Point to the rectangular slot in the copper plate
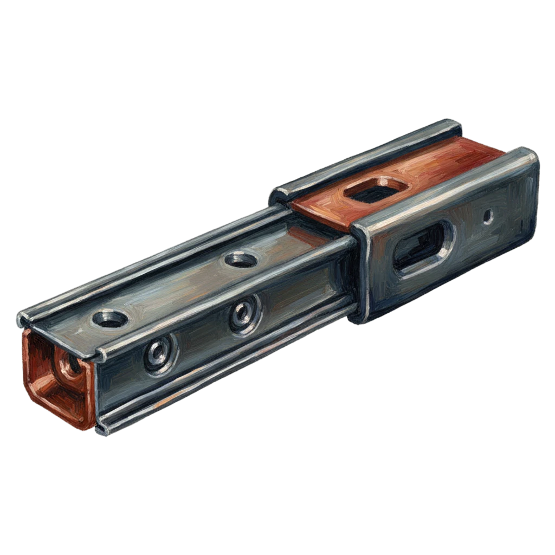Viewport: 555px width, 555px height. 376,190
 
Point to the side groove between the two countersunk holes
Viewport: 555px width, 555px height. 201,336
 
